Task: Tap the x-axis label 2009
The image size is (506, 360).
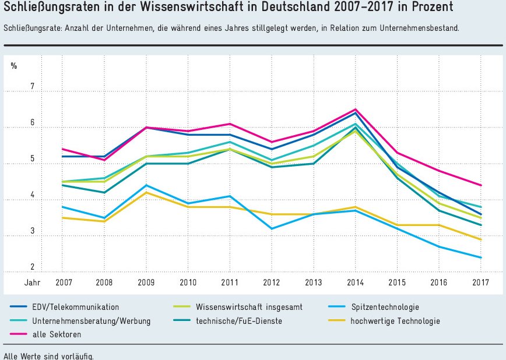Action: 146,283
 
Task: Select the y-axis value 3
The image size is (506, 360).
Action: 33,232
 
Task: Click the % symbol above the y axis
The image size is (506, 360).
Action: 14,65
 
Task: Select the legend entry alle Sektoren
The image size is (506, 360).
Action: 57,334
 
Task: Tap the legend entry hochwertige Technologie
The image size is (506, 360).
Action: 394,321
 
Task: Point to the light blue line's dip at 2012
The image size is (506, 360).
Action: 272,228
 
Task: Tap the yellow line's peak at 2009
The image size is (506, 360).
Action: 146,192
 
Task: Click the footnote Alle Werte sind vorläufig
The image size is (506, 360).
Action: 48,355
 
